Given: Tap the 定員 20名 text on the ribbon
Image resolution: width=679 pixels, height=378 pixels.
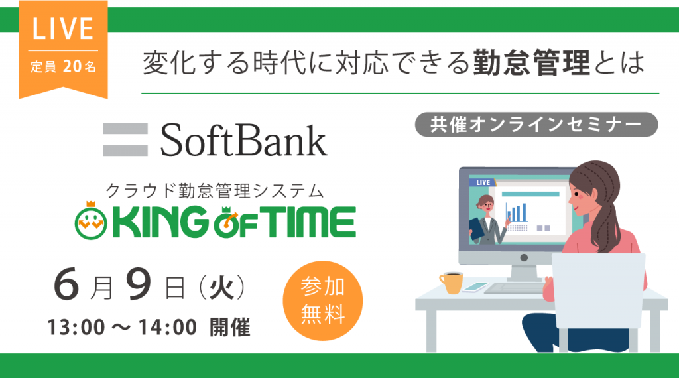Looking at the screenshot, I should [x=63, y=66].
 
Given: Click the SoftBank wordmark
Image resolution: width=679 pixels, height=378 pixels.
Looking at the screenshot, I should [x=243, y=140].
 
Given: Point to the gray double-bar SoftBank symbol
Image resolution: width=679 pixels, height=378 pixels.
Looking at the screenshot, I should [x=125, y=139].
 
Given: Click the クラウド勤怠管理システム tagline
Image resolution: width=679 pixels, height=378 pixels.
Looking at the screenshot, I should [x=215, y=192].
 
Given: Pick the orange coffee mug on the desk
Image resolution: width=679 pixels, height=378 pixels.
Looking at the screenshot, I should [x=450, y=282].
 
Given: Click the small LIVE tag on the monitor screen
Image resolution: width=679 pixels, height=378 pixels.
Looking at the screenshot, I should [x=483, y=182].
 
